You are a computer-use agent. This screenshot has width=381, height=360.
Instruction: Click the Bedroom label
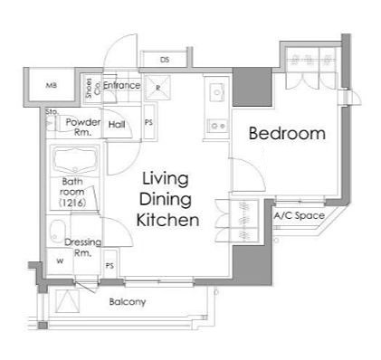287,133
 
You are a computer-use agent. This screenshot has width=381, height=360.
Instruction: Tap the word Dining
166,200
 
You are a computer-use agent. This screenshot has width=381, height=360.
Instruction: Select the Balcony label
128,302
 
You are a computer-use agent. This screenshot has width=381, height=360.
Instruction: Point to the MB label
51,85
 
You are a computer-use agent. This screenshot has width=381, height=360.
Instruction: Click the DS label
165,60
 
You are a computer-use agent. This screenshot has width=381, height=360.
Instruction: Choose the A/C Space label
300,215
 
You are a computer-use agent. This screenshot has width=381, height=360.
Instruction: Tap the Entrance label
121,85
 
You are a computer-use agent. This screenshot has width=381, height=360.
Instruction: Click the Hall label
117,124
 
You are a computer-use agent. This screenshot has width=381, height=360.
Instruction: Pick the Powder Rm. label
83,127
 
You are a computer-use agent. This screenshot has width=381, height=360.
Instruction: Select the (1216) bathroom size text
72,203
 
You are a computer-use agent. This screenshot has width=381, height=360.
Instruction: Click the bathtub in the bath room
75,160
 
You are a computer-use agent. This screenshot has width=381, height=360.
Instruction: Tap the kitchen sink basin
217,91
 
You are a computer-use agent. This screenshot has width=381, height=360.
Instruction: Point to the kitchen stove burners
218,126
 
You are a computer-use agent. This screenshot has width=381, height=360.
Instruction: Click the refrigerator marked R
157,88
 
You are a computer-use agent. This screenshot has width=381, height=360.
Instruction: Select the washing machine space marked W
60,261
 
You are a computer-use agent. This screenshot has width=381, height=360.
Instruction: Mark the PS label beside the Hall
148,122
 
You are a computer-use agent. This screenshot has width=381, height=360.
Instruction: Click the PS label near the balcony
110,266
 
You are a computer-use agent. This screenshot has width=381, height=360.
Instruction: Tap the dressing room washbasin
57,231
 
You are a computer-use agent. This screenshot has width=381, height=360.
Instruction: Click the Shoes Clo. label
93,88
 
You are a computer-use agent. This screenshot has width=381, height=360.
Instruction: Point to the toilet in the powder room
52,123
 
